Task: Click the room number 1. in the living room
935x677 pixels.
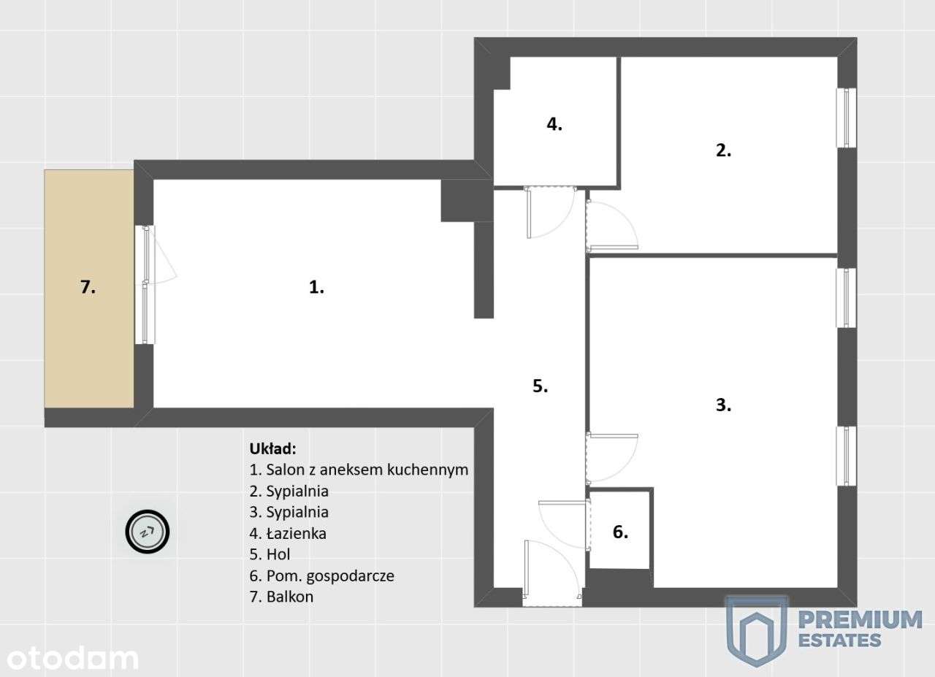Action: [x=316, y=288]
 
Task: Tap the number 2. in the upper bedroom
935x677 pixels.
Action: [x=723, y=151]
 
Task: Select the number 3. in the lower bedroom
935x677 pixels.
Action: [x=723, y=405]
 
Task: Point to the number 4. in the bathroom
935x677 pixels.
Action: [x=554, y=124]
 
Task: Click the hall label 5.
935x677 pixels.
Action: [x=540, y=387]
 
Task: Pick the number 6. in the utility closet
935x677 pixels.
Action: [x=619, y=532]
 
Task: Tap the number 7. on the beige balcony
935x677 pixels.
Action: [x=88, y=288]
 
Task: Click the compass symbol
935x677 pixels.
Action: [x=148, y=531]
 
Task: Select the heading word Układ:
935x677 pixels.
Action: [x=273, y=448]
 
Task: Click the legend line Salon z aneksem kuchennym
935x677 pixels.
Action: [x=358, y=469]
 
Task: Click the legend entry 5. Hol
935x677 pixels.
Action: [x=270, y=554]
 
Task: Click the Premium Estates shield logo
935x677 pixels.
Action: [x=757, y=630]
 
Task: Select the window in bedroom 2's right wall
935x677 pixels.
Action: [x=846, y=118]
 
